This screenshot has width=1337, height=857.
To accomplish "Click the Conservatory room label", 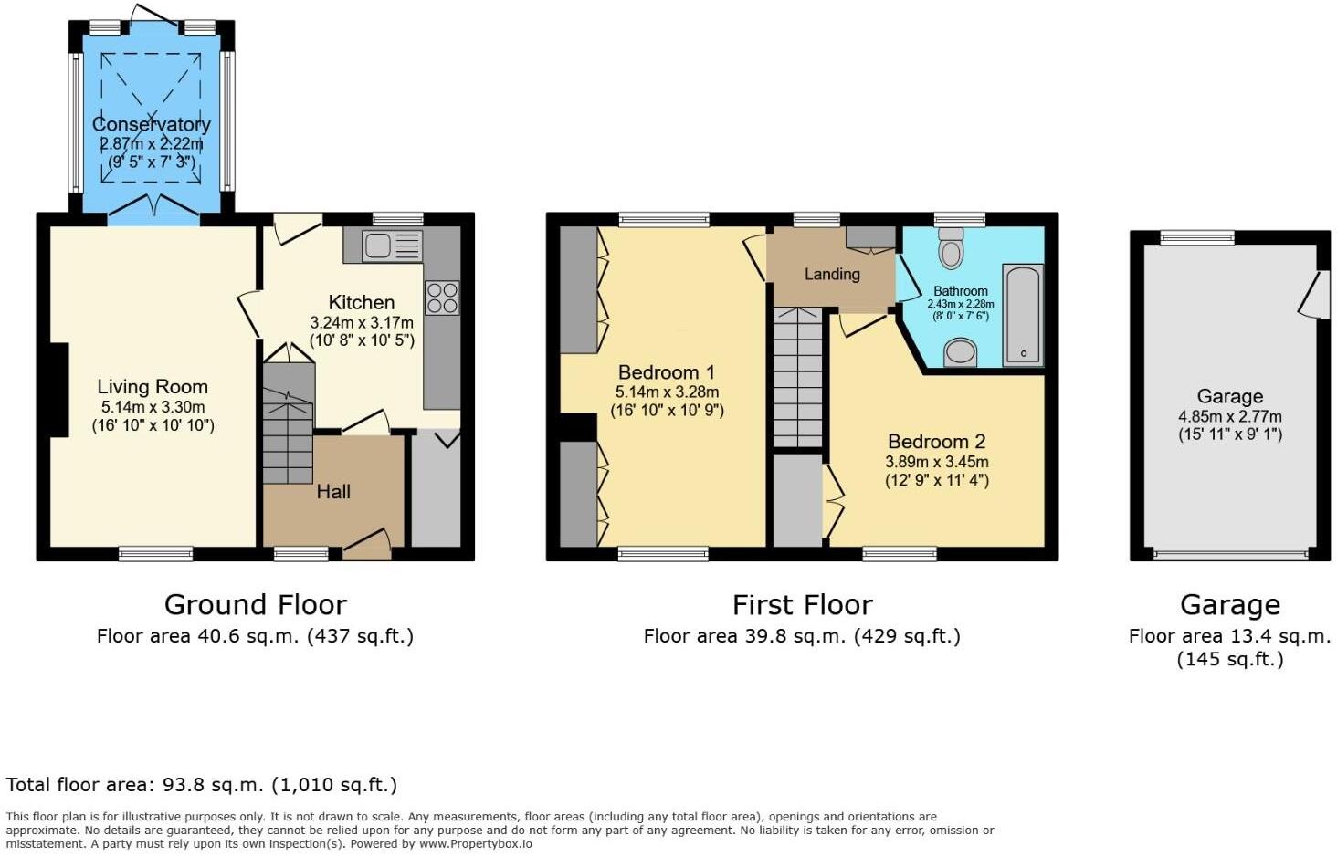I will click(x=151, y=124).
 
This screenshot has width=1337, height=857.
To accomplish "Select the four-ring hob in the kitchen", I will click(x=442, y=298).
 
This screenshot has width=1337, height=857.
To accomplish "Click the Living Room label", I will click(x=153, y=387).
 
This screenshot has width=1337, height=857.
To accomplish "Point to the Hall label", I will click(x=333, y=492).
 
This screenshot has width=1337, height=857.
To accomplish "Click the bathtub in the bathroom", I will click(x=1022, y=315).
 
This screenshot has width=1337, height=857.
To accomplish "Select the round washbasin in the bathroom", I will click(x=959, y=352).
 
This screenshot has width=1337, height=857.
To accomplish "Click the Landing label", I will click(x=832, y=274).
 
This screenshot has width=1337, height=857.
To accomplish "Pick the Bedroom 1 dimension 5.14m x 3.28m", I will click(x=667, y=392).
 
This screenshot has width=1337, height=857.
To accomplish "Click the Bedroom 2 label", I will click(x=936, y=442).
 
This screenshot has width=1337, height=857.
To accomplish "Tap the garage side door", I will click(x=1312, y=295).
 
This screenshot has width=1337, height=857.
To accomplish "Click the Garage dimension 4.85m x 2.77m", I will click(x=1229, y=416).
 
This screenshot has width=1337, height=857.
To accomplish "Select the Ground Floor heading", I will click(x=255, y=605).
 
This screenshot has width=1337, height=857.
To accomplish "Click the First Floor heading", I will click(x=802, y=605).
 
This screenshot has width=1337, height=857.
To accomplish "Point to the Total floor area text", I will click(x=201, y=785).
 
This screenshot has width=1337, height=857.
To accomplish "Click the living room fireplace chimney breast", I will click(x=58, y=391).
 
